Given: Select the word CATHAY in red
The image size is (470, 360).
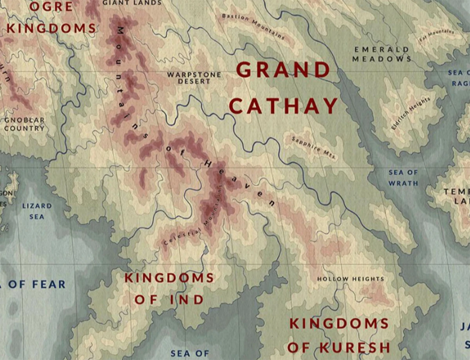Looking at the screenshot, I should pos(283,106).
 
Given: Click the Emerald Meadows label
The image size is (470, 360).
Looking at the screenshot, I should pos(381,54).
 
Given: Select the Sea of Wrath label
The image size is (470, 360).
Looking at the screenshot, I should pos(403,177).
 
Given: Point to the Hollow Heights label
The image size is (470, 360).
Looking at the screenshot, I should pos(351,279).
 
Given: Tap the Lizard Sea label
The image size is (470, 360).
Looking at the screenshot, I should pos(37,211).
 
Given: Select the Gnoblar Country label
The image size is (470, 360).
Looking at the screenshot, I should pos(24,124).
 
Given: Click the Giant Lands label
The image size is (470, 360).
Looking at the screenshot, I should pos(132,3).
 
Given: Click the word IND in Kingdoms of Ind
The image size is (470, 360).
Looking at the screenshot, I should pos(187,300).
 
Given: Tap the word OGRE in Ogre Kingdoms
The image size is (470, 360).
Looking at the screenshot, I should pos(52,7).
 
